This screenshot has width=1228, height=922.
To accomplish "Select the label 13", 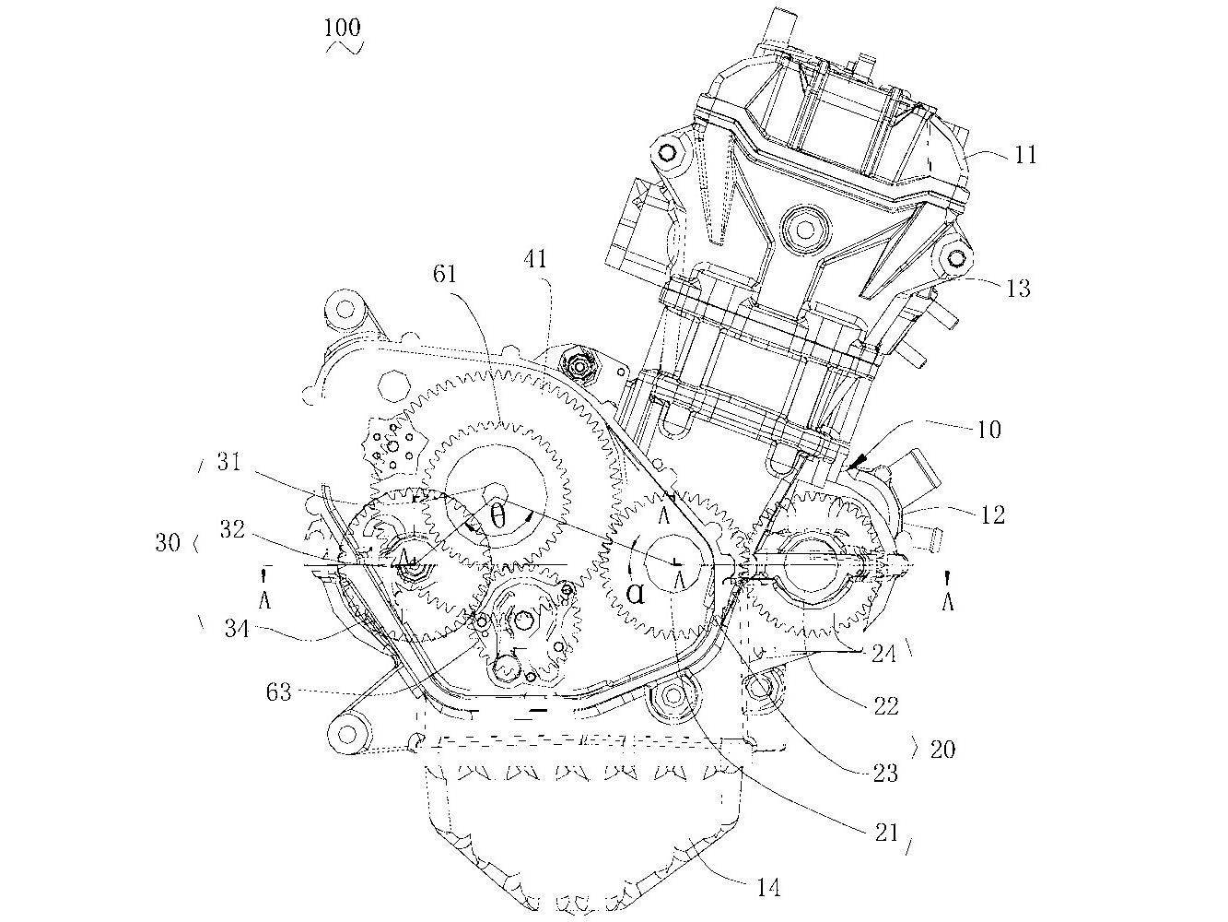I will coord(1018,289).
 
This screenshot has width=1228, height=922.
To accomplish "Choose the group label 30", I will coord(168,543).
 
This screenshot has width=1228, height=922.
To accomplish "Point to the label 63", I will coord(279,690).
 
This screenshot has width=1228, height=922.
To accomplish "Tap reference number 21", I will coord(885,833).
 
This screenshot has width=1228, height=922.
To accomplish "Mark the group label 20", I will coord(941,749).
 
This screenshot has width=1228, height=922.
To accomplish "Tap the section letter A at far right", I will coord(948,601).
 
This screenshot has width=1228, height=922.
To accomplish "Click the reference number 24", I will coord(885,655).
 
